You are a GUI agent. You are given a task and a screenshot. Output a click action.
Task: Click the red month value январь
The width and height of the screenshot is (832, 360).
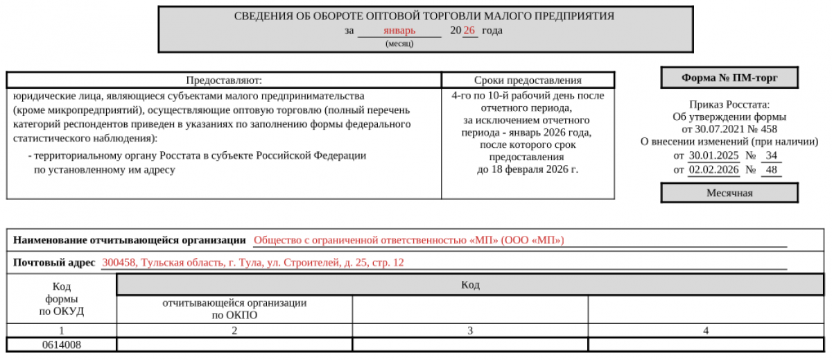(399, 31)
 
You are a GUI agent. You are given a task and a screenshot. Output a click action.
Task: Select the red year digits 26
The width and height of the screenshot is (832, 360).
(469, 31)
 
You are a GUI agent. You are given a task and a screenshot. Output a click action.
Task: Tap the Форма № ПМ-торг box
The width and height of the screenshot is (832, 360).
(729, 78)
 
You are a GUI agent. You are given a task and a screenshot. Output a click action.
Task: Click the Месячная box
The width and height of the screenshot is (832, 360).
(729, 193)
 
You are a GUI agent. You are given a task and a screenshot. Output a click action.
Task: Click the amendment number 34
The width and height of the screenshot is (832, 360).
(771, 155)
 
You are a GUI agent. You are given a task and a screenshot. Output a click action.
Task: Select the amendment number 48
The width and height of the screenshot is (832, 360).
(771, 169)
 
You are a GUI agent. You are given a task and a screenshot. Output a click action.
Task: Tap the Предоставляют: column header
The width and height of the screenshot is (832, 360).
(224, 80)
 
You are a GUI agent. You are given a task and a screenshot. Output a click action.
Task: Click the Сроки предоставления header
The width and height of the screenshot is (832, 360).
(528, 80)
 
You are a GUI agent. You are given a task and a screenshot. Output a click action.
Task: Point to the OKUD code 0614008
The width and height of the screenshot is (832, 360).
(61, 344)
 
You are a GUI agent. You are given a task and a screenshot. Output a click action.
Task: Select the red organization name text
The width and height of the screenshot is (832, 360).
(409, 241)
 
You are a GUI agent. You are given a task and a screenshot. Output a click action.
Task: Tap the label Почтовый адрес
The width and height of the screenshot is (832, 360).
(54, 263)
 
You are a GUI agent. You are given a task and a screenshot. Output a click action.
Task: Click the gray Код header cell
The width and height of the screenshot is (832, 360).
(470, 285)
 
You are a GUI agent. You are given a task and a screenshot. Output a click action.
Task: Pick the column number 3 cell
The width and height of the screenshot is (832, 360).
(470, 331)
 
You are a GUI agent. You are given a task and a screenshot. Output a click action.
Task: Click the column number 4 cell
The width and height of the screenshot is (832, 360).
(706, 331)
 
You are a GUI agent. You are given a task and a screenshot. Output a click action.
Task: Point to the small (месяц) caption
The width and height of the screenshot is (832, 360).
(399, 43)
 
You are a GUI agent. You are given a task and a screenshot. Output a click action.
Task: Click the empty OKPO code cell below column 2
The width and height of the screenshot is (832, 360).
(234, 344)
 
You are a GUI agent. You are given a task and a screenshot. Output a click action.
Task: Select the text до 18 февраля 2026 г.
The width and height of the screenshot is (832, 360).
(528, 169)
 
